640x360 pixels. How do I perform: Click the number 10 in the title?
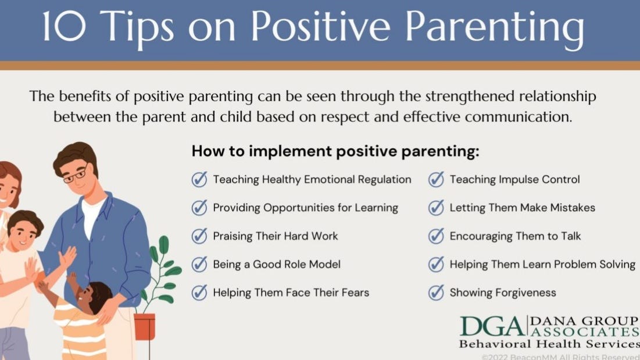pos(65,27)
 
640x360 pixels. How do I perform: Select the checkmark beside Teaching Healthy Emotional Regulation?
pos(199,180)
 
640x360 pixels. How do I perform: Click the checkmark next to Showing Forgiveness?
pos(436,293)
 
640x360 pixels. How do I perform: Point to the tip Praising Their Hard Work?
pos(276,236)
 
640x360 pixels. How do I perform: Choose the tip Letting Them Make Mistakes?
pos(523,208)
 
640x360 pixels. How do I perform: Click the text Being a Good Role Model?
pos(277,265)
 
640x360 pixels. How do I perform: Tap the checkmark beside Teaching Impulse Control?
pos(436,180)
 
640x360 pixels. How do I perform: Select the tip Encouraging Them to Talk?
pos(515,236)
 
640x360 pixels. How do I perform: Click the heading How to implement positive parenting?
pos(335,151)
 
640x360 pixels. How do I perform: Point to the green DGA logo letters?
pos(492,326)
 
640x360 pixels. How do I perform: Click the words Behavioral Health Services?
pos(549,344)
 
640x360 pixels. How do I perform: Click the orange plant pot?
pos(145,326)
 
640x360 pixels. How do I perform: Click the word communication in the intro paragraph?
pos(519,117)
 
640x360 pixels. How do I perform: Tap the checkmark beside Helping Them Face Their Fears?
pos(199,293)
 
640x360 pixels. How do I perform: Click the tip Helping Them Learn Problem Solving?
pos(542,265)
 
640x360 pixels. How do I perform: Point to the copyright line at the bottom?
pos(560,357)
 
